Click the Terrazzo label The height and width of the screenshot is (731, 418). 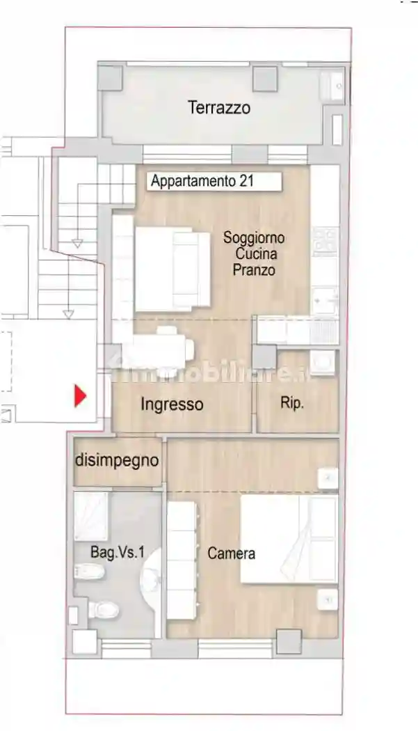pyautogui.click(x=218, y=108)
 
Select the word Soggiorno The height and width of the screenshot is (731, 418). pyautogui.click(x=254, y=237)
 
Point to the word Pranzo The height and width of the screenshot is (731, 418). pyautogui.click(x=254, y=270)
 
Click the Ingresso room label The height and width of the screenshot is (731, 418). pyautogui.click(x=172, y=404)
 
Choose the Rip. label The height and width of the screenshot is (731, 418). pyautogui.click(x=292, y=403)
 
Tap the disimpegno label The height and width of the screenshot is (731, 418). pyautogui.click(x=117, y=460)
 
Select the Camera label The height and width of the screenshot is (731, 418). pyautogui.click(x=231, y=554)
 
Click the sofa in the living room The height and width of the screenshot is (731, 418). pyautogui.click(x=172, y=269)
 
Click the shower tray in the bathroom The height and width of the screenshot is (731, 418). pyautogui.click(x=91, y=516)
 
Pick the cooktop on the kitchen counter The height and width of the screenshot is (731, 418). pyautogui.click(x=324, y=241)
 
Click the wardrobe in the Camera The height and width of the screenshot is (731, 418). pyautogui.click(x=183, y=560)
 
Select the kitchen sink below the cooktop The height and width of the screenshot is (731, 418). pyautogui.click(x=324, y=301)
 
